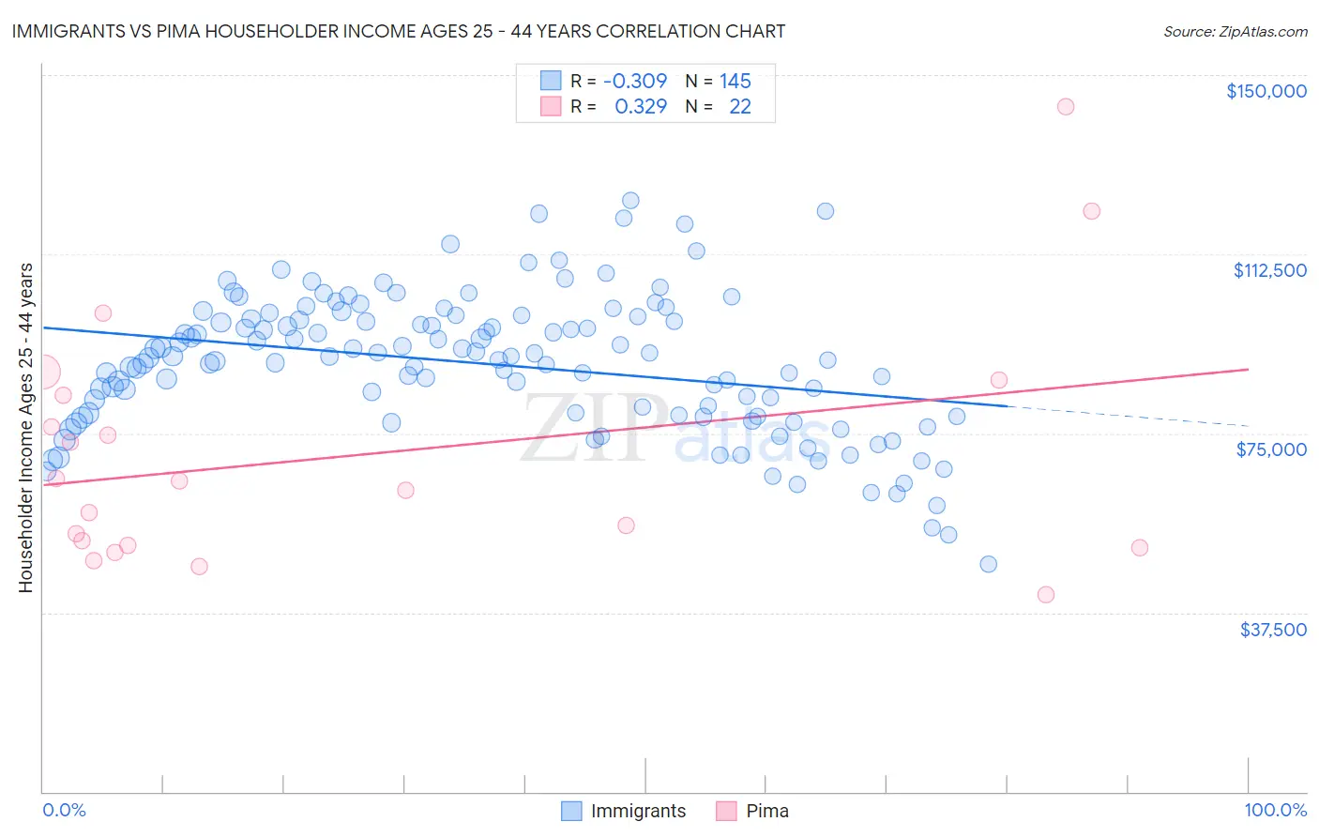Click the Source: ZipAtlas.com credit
click(1235, 31)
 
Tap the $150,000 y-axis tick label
click(1266, 91)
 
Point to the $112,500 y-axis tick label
click(1269, 270)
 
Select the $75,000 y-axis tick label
click(1271, 449)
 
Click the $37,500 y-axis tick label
click(1272, 630)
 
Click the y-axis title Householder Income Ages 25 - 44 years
click(26, 427)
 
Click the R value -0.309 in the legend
click(635, 81)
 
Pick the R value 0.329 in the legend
click(641, 106)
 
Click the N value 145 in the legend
click(735, 81)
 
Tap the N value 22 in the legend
click(740, 106)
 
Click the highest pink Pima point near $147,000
click(1065, 106)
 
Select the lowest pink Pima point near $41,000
click(1046, 594)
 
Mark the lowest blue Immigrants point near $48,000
click(988, 564)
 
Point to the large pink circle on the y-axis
click(43, 372)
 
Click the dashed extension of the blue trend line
click(1126, 417)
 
